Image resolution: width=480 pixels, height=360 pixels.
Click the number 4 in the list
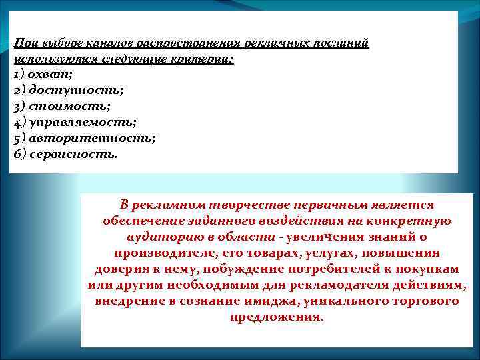pos(17,121)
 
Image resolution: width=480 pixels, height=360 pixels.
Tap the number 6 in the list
pos(17,153)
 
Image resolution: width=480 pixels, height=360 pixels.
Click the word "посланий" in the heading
pos(341,43)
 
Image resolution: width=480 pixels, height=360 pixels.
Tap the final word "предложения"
pos(277,317)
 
